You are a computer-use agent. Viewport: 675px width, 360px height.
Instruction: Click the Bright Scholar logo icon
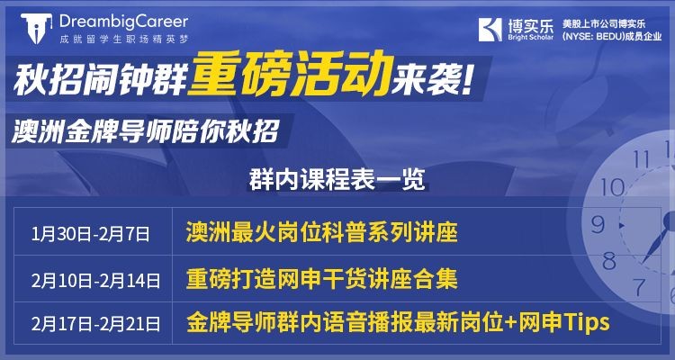coord(491,26)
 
